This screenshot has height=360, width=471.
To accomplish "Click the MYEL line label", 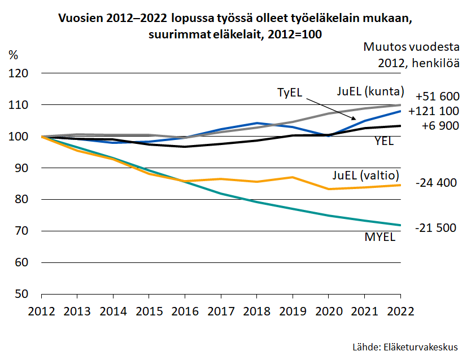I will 380,236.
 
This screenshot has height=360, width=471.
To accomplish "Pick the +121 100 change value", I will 433,111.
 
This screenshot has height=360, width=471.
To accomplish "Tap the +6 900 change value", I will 440,126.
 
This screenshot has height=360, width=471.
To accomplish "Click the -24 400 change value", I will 435,183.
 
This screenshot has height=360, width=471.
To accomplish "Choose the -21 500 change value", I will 435,228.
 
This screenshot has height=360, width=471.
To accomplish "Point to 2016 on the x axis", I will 185,311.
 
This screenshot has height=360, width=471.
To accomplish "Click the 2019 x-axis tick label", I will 292,311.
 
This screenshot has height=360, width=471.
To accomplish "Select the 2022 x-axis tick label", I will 400,311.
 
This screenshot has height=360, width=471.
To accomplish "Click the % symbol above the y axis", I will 13,55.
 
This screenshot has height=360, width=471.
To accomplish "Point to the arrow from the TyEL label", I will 331,108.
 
